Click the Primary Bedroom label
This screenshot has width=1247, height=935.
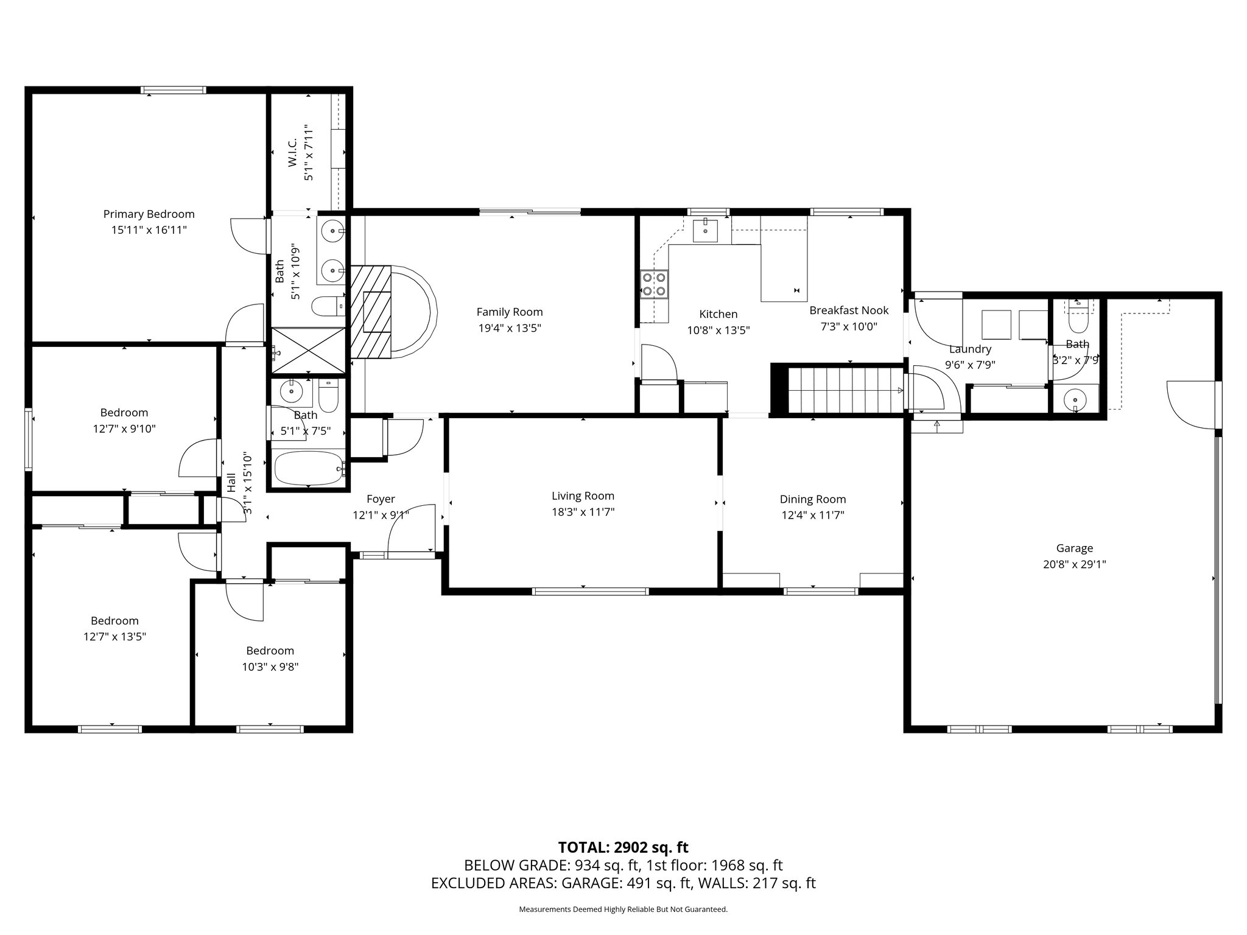click(x=149, y=214)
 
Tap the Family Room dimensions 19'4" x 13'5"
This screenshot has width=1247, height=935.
click(x=509, y=328)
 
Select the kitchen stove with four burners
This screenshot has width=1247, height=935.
click(x=654, y=285)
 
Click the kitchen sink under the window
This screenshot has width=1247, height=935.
click(x=705, y=231)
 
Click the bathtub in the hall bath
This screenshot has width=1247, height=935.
click(x=308, y=468)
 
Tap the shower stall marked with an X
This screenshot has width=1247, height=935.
click(x=308, y=349)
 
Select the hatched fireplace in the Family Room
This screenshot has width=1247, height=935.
click(x=371, y=312)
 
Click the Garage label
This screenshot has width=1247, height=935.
click(x=1074, y=548)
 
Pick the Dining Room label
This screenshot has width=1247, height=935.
click(x=812, y=499)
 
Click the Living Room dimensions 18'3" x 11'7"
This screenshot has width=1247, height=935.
click(x=583, y=512)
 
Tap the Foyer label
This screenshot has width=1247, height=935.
click(x=381, y=499)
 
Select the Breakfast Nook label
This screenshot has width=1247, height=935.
click(x=848, y=310)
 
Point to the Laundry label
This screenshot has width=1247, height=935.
click(x=970, y=349)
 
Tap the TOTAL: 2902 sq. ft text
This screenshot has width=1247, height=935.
click(x=623, y=847)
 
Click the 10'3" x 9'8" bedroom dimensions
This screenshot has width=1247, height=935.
click(x=270, y=667)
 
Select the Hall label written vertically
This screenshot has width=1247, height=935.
click(x=231, y=483)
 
